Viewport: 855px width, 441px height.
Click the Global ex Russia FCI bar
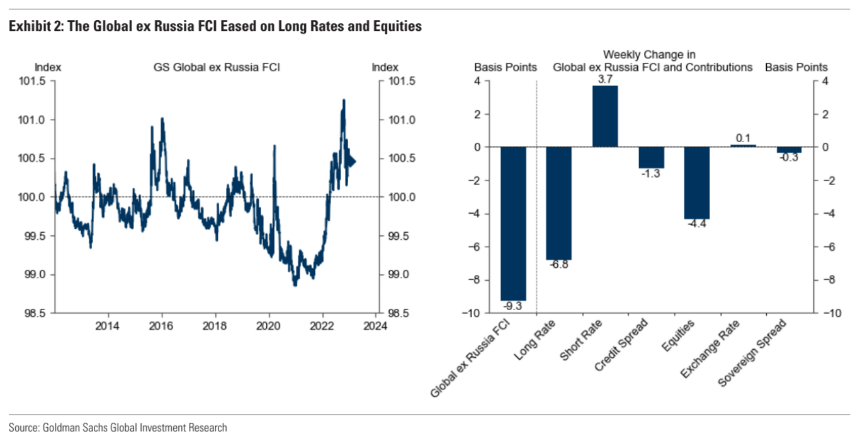click(513, 223)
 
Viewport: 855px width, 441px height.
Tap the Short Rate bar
click(605, 116)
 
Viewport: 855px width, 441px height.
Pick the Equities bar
click(697, 182)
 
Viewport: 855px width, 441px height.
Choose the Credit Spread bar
click(651, 157)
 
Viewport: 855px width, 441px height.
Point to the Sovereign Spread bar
click(789, 150)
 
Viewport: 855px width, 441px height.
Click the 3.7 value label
click(605, 79)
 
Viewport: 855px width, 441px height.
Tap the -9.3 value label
click(513, 306)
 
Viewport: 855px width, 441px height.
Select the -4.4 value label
click(697, 225)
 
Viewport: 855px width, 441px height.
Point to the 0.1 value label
click(743, 138)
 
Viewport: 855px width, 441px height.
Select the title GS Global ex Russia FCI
click(217, 67)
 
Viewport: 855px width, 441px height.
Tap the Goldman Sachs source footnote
click(118, 428)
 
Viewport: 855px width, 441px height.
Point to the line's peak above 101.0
click(344, 99)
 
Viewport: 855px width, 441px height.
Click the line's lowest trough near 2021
click(295, 286)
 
